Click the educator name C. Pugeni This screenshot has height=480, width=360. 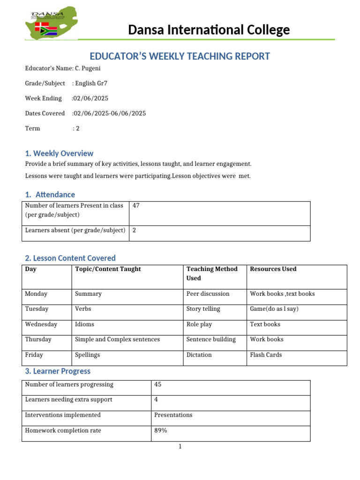point(88,68)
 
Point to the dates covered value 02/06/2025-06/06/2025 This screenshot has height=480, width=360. point(109,113)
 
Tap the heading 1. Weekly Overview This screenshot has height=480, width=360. point(59,153)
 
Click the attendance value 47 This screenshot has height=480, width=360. point(136,206)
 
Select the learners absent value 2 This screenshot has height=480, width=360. point(135,230)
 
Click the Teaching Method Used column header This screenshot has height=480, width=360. point(212,273)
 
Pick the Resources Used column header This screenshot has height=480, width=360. point(273,269)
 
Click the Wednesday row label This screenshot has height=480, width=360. point(41,324)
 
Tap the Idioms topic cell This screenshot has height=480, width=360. point(84,324)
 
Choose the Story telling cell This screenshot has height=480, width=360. point(203,309)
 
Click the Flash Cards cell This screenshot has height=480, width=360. point(266,355)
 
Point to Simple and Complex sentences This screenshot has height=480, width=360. point(117,339)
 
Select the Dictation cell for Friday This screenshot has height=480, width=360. point(199,355)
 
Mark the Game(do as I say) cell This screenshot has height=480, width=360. point(274,309)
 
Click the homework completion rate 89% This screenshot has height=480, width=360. point(160,430)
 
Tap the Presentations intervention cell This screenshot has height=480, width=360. point(173,415)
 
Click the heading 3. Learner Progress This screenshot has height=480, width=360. point(58,371)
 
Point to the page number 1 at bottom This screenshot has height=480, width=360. point(180,447)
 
